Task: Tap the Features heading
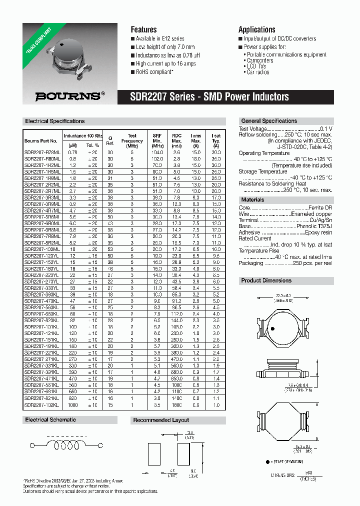(x=143, y=29)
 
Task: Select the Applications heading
(x=256, y=29)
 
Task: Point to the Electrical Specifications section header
(x=55, y=121)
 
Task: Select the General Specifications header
(x=269, y=121)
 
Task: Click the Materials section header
(x=253, y=199)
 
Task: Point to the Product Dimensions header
(x=266, y=280)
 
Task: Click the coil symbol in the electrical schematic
(x=60, y=444)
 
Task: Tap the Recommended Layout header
(x=161, y=420)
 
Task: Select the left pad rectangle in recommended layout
(x=154, y=453)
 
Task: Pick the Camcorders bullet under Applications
(x=260, y=60)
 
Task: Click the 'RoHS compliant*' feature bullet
(x=154, y=72)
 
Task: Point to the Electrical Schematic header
(x=50, y=420)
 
